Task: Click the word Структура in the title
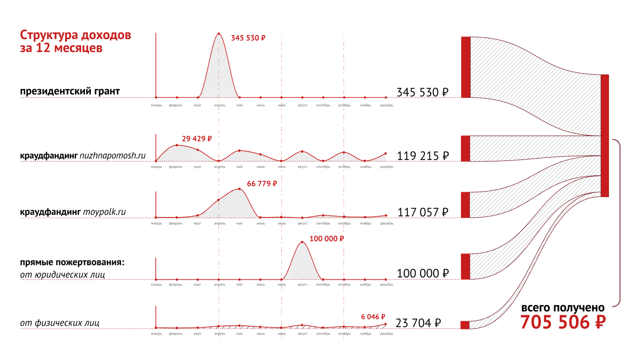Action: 49,35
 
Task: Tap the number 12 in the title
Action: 43,48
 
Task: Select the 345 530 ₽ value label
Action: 248,38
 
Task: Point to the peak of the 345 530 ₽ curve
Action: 218,33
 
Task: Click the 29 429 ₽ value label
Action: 197,139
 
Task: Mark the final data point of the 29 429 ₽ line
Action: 386,154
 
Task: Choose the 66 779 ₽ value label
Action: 262,184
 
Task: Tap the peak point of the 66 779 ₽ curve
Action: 239,188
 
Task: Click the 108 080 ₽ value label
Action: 327,238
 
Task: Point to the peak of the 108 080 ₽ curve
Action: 302,241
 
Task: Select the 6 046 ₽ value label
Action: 373,317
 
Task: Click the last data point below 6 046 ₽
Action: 386,324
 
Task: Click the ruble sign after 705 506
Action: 600,322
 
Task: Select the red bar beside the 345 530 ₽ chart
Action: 466,67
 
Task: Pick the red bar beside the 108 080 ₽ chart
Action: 465,267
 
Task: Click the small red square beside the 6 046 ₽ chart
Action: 464,325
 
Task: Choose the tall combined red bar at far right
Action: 605,136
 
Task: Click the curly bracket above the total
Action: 619,223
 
